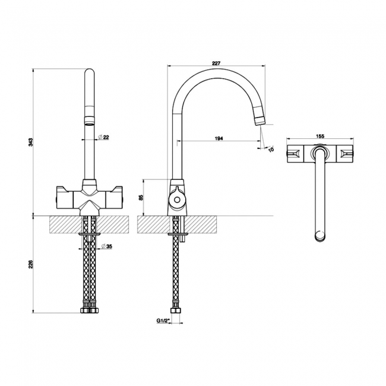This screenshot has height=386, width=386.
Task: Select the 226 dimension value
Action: point(31,264)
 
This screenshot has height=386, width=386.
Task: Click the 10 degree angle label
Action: point(270,150)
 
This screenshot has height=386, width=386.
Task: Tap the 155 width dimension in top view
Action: point(319,137)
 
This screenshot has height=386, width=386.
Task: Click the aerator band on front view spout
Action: point(90,113)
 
